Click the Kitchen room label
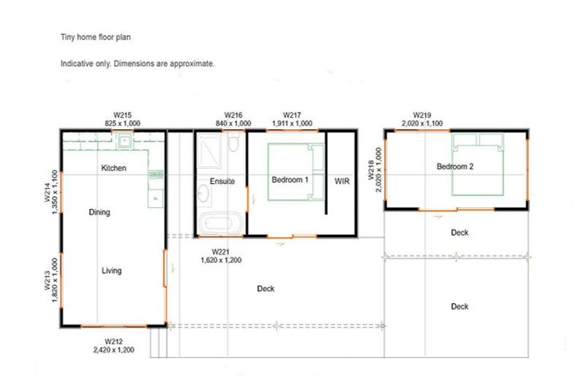pos(113,168)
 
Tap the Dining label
pos(99,212)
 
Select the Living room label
pos(111,270)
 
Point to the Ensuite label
pos(222,182)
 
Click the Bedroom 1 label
pos(290,180)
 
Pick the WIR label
pos(341,182)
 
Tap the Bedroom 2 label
pos(455,166)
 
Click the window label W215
pos(122,115)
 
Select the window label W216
pos(233,115)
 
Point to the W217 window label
pos(292,115)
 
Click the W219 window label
pos(422,115)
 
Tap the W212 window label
pos(113,341)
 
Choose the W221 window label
pos(221,252)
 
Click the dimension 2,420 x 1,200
pos(113,350)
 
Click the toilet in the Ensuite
pos(233,142)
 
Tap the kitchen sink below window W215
pos(125,141)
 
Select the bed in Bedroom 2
pos(478,164)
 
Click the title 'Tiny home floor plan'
pos(96,37)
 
